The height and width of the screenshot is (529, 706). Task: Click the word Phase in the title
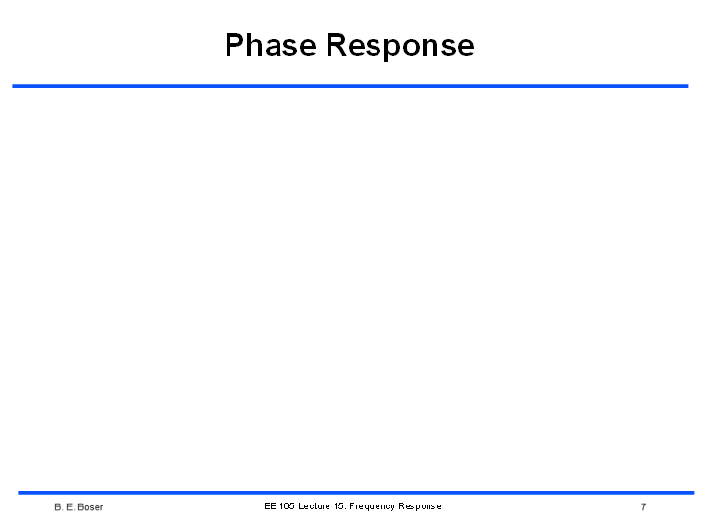pyautogui.click(x=271, y=45)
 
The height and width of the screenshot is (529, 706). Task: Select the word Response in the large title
pyautogui.click(x=400, y=47)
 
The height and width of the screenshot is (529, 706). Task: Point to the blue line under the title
pyautogui.click(x=350, y=86)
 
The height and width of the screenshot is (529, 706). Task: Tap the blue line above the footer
pyautogui.click(x=356, y=493)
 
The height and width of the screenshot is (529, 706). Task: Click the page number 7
pyautogui.click(x=643, y=507)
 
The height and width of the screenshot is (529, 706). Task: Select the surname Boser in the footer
pyautogui.click(x=90, y=507)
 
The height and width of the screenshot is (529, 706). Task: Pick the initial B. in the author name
pyautogui.click(x=58, y=507)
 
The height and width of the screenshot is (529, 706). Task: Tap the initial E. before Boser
pyautogui.click(x=70, y=507)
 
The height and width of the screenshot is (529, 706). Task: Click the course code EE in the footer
pyautogui.click(x=270, y=506)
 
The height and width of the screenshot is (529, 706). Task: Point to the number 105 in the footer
pyautogui.click(x=286, y=506)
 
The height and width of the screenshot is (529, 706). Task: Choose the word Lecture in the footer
pyautogui.click(x=315, y=506)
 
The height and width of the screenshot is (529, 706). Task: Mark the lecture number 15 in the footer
pyautogui.click(x=339, y=506)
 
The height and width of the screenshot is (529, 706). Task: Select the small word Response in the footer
pyautogui.click(x=420, y=507)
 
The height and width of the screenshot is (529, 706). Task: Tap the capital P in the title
pyautogui.click(x=235, y=45)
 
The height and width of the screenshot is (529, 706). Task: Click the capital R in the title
pyautogui.click(x=336, y=45)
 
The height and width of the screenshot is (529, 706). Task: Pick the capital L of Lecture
pyautogui.click(x=301, y=506)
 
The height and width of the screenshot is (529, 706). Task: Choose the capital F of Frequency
pyautogui.click(x=352, y=506)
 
